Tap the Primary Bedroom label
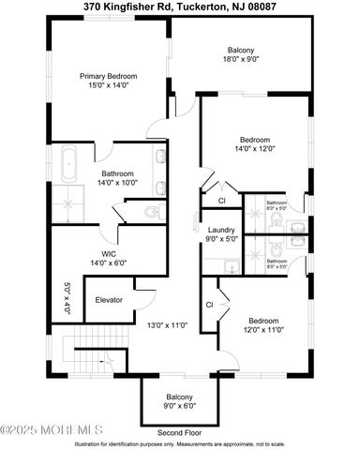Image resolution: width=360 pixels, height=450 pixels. coord(108,81)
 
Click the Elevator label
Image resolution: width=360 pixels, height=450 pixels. coord(110,300)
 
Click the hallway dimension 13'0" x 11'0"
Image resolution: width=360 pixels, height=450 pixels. coord(168,325)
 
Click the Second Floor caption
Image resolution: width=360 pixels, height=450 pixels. coord(180,433)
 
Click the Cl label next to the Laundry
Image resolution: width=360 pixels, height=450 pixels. coord(221,201)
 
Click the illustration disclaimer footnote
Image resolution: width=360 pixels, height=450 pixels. coord(180,443)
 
